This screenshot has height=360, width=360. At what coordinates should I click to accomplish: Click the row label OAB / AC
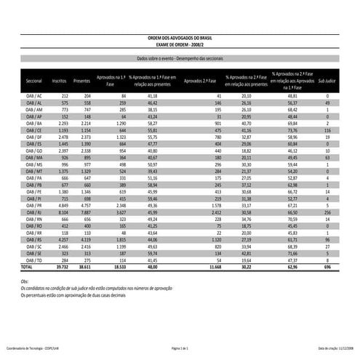click(x=33, y=96)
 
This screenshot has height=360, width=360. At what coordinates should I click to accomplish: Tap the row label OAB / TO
click(x=33, y=260)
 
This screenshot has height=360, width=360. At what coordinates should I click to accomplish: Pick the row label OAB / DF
click(x=33, y=136)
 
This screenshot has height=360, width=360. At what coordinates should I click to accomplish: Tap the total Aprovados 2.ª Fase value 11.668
click(x=212, y=267)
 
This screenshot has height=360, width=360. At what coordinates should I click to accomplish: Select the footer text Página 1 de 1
click(x=180, y=349)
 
